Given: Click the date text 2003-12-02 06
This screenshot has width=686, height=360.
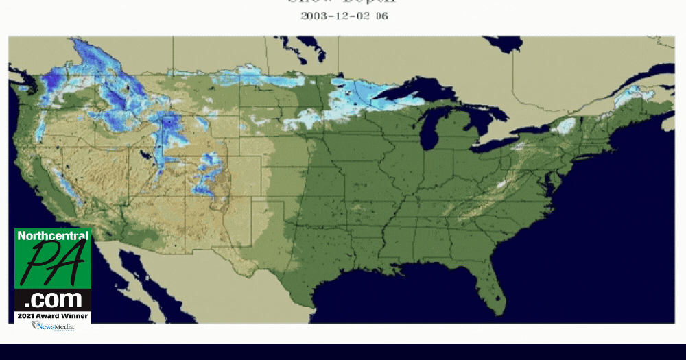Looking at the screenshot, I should point(344,15).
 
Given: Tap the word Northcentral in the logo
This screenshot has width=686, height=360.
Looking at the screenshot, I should point(53,236).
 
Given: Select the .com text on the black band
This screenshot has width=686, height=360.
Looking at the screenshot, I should point(53,300).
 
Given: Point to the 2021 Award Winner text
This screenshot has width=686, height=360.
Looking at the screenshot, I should point(53,316).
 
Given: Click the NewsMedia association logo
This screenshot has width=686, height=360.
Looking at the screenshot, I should point(52,326).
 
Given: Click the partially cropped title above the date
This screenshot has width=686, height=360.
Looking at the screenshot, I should point(344,2).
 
